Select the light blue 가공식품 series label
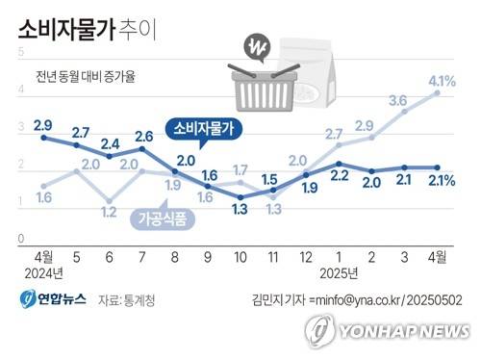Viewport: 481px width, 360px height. (x=161, y=220)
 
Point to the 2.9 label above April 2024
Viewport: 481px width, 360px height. (x=43, y=125)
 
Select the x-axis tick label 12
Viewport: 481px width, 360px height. (x=306, y=257)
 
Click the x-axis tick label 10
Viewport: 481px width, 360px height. (x=240, y=257)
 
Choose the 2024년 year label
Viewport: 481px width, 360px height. (x=43, y=272)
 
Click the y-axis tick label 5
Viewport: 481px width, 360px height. (x=21, y=52)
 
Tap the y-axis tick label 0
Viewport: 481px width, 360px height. (x=21, y=237)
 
